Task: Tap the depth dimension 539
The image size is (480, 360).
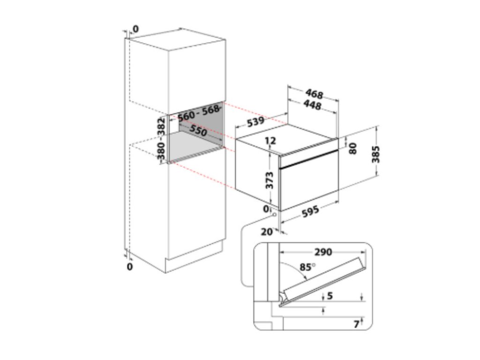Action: (255, 122)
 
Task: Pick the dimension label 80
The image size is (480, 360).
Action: (353, 148)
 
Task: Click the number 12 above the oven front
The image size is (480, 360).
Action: (270, 141)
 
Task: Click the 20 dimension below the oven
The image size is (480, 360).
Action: (267, 232)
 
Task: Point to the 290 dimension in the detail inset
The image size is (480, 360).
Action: (323, 252)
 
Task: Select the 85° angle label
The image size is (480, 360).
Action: (307, 268)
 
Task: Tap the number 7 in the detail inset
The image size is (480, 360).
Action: (356, 323)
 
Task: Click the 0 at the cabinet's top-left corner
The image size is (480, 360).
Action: (135, 30)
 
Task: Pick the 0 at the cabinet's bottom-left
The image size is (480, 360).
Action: (130, 267)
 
